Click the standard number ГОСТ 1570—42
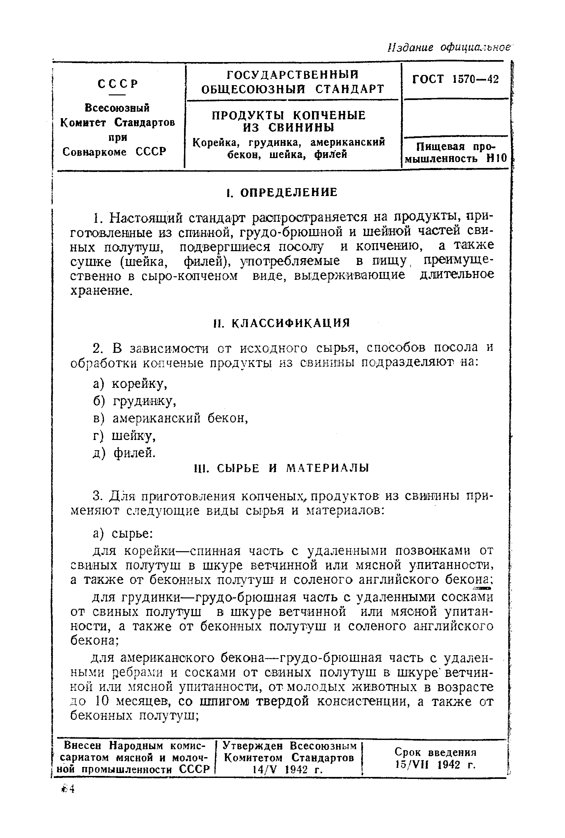pos(455,79)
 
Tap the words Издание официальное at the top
pos(449,47)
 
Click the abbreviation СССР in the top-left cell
pos(118,84)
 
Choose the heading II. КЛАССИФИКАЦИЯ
pos(281,323)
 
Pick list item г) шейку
pos(124,436)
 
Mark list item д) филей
pos(124,453)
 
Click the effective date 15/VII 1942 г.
pos(435,764)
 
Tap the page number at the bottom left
pos(68,789)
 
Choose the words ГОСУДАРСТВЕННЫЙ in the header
pos(293,75)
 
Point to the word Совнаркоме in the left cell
pos(94,152)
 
